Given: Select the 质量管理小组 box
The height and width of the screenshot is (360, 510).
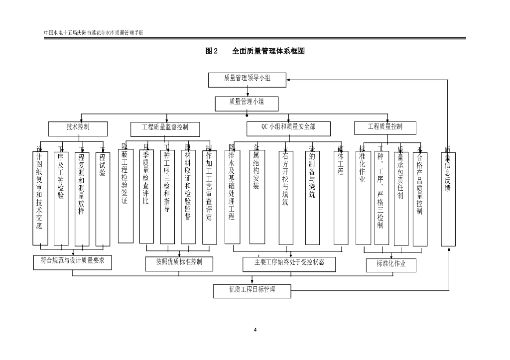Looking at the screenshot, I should pos(247,104).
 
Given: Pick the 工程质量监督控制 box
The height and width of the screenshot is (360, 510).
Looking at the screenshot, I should pos(165,129).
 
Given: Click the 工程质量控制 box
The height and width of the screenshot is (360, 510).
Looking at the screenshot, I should pos(385,128).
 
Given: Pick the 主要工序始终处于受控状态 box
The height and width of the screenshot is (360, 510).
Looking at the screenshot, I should pos(289,264).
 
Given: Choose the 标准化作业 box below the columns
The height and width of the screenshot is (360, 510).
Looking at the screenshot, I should pos(391,265).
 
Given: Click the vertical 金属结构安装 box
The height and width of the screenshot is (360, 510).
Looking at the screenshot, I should pos(256,197).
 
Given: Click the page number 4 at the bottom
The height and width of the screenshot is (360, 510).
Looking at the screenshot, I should pos(255,330).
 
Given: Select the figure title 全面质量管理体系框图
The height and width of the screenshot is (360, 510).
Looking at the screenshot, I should pos(268,51).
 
